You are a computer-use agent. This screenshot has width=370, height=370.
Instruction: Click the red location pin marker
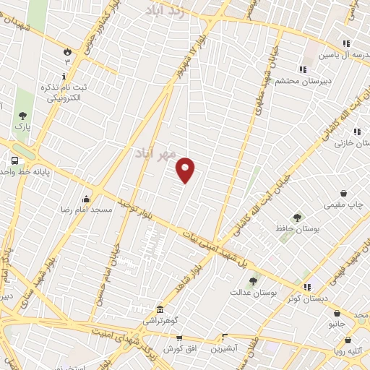pyautogui.click(x=186, y=169)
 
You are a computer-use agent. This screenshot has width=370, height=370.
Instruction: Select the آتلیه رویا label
pyautogui.click(x=348, y=353)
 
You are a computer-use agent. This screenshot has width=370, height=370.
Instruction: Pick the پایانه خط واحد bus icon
pyautogui.click(x=15, y=160)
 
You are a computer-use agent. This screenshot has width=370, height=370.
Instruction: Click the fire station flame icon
pyautogui.click(x=67, y=51)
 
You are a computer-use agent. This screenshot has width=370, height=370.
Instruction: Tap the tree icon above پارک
pyautogui.click(x=23, y=115)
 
